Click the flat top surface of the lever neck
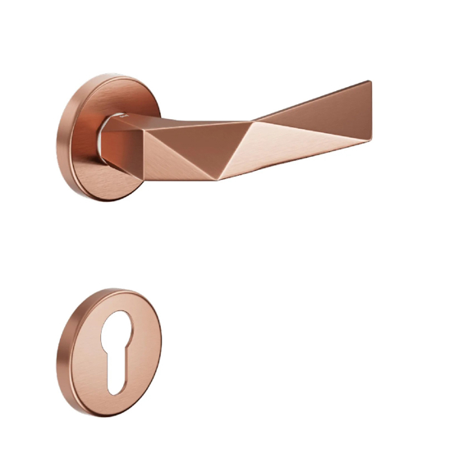point(164,122)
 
